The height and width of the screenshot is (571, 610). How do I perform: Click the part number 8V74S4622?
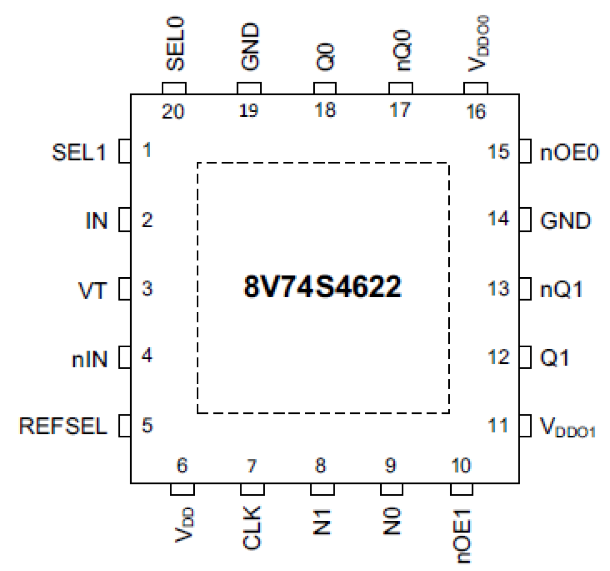click(322, 286)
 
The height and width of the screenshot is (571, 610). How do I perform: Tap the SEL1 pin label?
click(79, 153)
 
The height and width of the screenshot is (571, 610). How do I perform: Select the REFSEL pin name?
click(63, 426)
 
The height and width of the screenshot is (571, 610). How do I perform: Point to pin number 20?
click(173, 112)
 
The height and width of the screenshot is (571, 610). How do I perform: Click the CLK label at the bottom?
click(252, 527)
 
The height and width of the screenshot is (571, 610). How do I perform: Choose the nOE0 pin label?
click(569, 153)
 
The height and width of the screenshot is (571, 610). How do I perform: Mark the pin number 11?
click(498, 426)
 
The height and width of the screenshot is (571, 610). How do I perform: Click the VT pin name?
click(92, 290)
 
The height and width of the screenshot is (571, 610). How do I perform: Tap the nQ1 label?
click(561, 290)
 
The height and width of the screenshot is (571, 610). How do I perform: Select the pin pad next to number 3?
click(125, 289)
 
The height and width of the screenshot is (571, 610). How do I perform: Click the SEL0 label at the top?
click(175, 44)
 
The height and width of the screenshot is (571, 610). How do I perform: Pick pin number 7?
click(252, 466)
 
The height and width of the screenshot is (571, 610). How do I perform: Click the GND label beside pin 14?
click(565, 221)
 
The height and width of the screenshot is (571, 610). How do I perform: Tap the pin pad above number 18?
click(324, 88)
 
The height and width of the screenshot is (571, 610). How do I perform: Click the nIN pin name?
click(89, 359)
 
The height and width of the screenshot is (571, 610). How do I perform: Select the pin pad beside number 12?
click(525, 357)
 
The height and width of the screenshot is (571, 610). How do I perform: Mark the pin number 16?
click(475, 112)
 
